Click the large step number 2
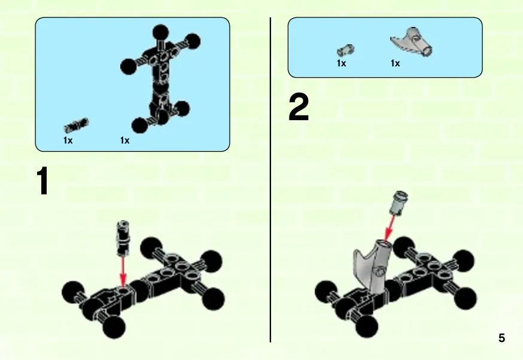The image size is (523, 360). pos(299,108)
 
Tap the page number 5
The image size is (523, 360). pos(502,338)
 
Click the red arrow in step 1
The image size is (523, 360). pos(123,271)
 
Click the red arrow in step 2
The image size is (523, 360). pos(390,228)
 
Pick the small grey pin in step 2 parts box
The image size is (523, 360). pos(345,50)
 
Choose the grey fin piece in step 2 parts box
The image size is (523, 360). pos(412,42)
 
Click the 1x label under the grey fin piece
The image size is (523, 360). pos(396,63)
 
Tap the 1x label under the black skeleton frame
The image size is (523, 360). pos(124,141)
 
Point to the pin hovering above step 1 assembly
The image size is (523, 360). pos(123,238)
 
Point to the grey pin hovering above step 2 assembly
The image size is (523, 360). pos(399,202)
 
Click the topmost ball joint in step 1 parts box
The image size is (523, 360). pos(161,33)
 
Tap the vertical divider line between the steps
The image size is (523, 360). pos(270,179)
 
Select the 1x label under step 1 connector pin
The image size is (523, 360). pos(68,141)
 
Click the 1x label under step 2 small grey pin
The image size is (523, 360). pos(342,63)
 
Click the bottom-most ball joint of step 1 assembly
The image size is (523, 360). pos(114,327)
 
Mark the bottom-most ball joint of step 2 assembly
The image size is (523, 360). pos(367,327)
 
